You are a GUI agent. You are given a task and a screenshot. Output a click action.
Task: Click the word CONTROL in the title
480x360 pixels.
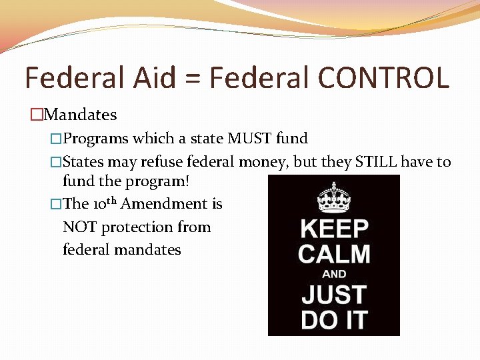383,79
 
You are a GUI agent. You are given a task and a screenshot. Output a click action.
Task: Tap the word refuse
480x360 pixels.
163,162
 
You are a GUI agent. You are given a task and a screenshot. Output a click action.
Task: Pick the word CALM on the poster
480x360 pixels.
334,254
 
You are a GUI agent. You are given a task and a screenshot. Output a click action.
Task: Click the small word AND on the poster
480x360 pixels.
334,274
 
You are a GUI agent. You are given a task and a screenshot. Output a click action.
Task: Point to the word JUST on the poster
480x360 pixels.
334,294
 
